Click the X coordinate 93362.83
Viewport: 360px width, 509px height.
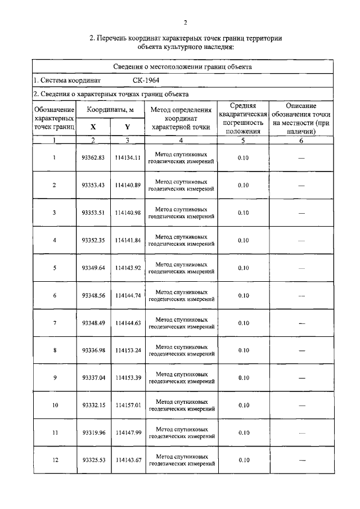pyautogui.click(x=93, y=158)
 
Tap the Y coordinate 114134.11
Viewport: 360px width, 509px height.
pyautogui.click(x=127, y=158)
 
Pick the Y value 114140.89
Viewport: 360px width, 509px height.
pyautogui.click(x=127, y=185)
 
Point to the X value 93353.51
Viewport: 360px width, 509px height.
pyautogui.click(x=93, y=213)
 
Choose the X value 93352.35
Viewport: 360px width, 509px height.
pyautogui.click(x=93, y=240)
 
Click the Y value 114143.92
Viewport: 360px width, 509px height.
pyautogui.click(x=127, y=268)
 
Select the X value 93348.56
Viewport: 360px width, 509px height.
pyautogui.click(x=93, y=295)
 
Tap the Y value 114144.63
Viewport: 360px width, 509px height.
pyautogui.click(x=127, y=323)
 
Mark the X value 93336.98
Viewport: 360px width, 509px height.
pyautogui.click(x=93, y=350)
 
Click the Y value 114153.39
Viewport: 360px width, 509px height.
pyautogui.click(x=127, y=378)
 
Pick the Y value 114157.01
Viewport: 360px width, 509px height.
pyautogui.click(x=127, y=405)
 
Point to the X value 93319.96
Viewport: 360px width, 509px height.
pyautogui.click(x=93, y=433)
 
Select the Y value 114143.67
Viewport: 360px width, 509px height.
pyautogui.click(x=127, y=460)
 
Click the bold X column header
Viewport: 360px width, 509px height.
pyautogui.click(x=93, y=127)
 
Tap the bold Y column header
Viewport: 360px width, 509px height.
pyautogui.click(x=127, y=127)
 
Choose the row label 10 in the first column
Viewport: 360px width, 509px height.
pyautogui.click(x=55, y=405)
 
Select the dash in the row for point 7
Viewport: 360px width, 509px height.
pyautogui.click(x=301, y=323)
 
